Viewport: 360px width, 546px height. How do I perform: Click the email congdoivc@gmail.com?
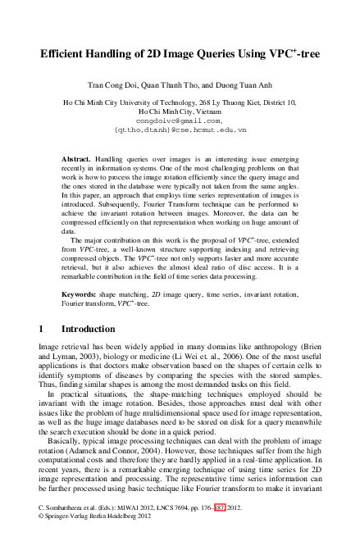180,120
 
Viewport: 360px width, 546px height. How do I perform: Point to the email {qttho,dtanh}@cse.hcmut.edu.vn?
180,130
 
